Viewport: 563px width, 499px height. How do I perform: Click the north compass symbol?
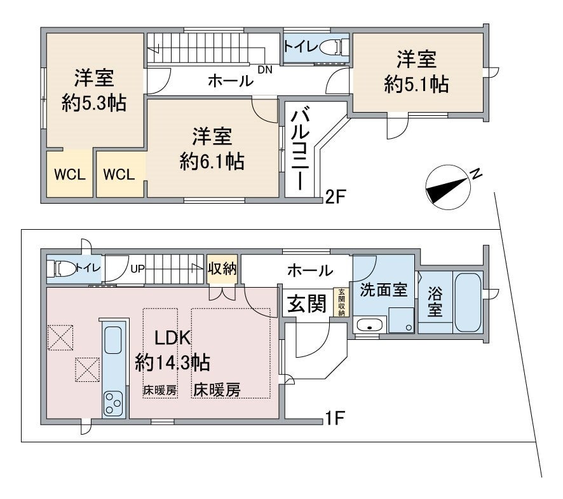[448, 186]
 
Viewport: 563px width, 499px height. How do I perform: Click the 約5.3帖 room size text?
[93, 102]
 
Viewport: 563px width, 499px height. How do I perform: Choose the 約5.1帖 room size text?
[416, 85]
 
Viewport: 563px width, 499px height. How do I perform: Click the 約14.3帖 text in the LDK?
[173, 363]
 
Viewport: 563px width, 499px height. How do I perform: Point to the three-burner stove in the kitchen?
[114, 402]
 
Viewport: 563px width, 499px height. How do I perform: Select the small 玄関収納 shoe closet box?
[341, 302]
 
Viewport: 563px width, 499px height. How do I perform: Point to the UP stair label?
[138, 269]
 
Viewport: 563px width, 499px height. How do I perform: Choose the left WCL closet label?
[69, 174]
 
